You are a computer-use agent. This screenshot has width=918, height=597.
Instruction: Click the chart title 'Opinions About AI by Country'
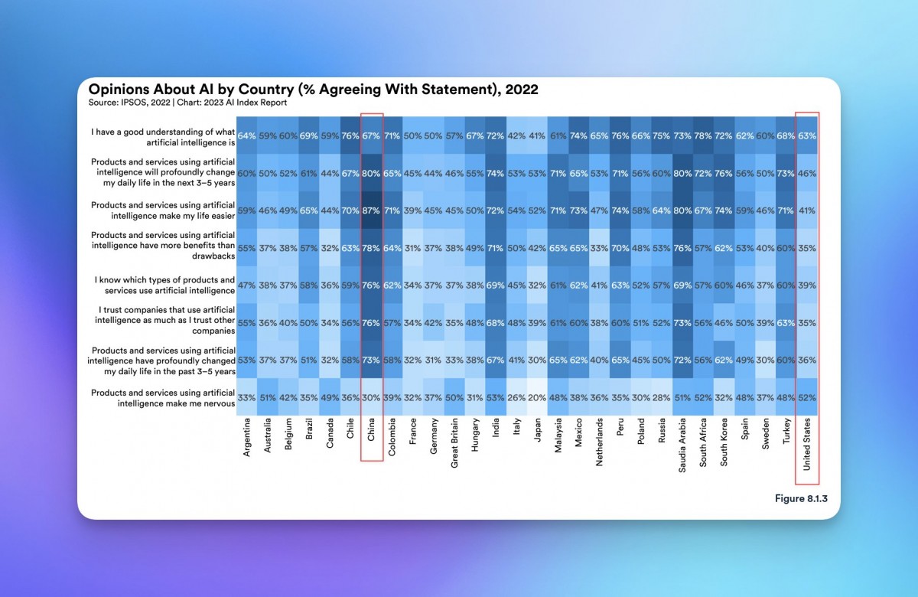[x=313, y=90]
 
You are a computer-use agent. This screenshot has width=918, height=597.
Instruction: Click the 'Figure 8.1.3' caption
[x=801, y=498]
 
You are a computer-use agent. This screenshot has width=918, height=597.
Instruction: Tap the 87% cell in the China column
[x=372, y=210]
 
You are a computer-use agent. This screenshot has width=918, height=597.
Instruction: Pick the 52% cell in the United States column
[x=806, y=398]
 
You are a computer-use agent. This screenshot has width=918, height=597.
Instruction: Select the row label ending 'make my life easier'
[x=161, y=210]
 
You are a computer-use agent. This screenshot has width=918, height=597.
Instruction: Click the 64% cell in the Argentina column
[x=247, y=135]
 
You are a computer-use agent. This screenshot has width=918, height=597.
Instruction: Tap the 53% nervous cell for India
[x=495, y=398]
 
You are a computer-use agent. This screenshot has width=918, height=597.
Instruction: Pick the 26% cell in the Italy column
[x=516, y=398]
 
